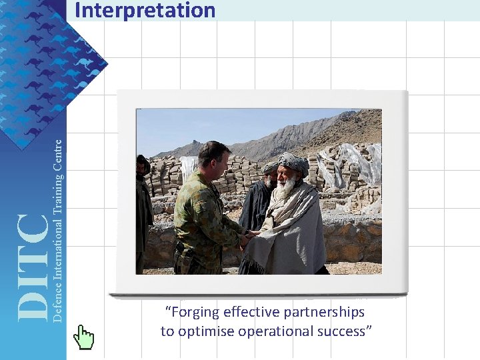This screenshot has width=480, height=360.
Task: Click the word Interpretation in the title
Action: [145, 11]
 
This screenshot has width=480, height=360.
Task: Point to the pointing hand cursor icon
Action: [83, 337]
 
